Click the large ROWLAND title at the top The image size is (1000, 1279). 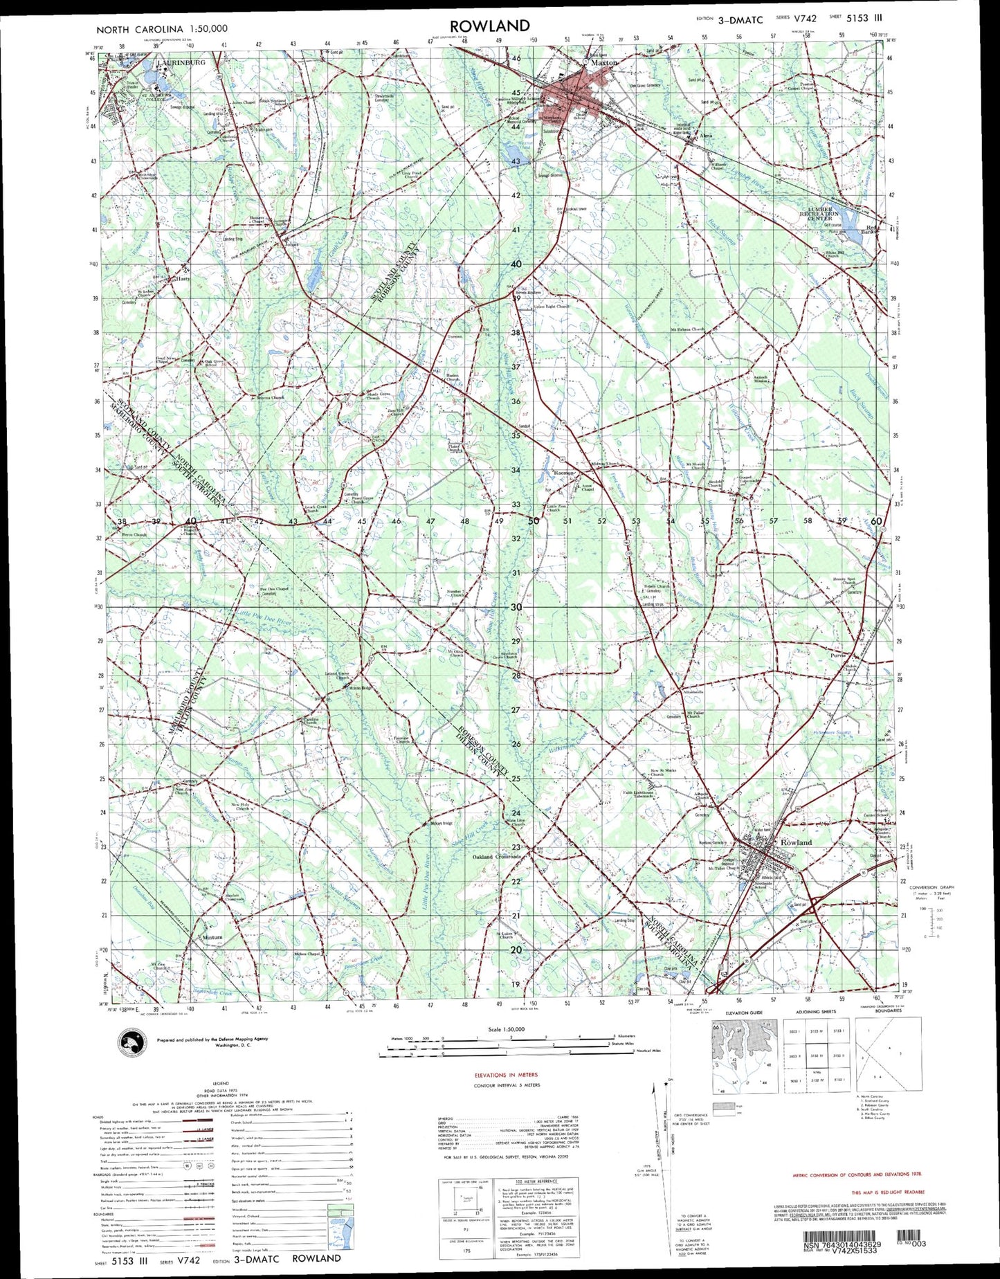point(489,26)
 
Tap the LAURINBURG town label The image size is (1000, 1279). point(182,62)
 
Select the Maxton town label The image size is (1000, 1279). point(603,62)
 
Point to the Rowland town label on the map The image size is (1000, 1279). point(796,842)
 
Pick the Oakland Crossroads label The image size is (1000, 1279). point(496,857)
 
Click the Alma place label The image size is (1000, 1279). point(707,136)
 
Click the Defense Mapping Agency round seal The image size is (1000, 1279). point(130,1041)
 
